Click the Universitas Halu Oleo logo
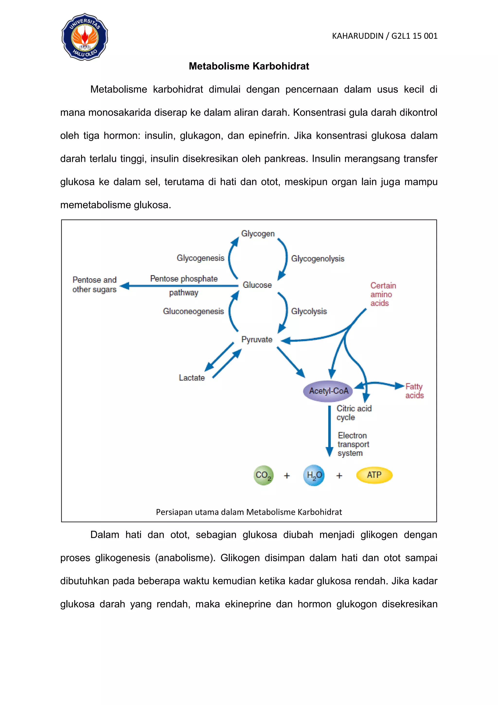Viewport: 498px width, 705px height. pos(85,37)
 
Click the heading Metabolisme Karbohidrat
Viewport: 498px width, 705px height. pos(249,66)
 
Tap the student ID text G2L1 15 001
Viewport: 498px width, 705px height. pos(414,36)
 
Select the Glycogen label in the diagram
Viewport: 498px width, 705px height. pos(258,233)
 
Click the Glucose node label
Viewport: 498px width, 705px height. pos(257,285)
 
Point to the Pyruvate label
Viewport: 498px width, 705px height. pos(257,339)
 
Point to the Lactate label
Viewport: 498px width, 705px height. pos(192,378)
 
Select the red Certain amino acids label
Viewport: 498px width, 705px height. pos(383,294)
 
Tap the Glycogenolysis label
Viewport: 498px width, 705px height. pos(317,259)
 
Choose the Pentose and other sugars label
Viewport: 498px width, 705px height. pos(94,284)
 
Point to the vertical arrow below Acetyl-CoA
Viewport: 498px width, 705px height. pos(329,430)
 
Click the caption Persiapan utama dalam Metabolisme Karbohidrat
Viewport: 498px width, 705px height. pos(249,512)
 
